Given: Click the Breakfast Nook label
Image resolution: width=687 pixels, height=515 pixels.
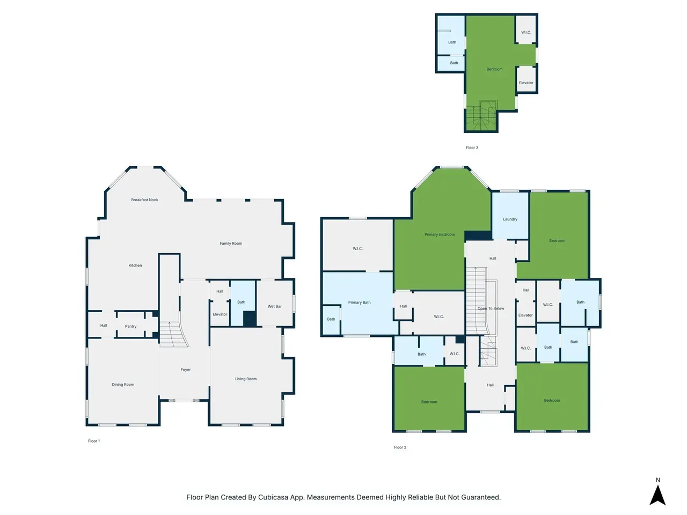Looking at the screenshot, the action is tap(144, 200).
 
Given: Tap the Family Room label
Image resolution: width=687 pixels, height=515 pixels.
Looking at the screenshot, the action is tap(231, 243).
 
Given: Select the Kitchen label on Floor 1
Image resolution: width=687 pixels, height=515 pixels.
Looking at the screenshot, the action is tap(135, 265).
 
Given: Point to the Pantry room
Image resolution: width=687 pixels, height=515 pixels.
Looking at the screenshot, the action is tap(130, 325).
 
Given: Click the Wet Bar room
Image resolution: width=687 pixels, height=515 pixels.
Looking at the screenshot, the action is tap(274, 303).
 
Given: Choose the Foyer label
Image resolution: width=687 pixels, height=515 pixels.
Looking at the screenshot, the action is tap(186, 369).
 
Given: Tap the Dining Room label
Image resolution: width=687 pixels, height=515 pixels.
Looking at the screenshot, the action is tap(123, 384).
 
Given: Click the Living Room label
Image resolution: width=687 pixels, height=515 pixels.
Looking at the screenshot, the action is tap(246, 379).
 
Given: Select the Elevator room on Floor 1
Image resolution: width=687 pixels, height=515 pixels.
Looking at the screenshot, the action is tap(220, 314).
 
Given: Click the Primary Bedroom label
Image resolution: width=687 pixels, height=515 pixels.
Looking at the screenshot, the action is tap(440, 234).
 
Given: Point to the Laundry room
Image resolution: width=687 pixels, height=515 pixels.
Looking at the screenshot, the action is tap(510, 216).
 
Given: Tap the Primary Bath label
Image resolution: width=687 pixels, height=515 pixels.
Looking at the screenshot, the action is tap(359, 303).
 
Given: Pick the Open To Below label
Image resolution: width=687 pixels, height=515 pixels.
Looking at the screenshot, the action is tap(491, 308).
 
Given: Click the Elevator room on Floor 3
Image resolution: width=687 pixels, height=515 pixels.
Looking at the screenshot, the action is tap(526, 79).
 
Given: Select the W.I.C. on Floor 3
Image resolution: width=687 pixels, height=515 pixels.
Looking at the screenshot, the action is tap(526, 29).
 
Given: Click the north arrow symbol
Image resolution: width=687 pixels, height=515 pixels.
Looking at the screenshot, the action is tap(657, 496).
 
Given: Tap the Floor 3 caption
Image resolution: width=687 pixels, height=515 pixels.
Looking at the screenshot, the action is tap(472, 148).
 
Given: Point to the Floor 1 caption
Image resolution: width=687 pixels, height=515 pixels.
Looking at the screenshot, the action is tap(94, 441).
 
